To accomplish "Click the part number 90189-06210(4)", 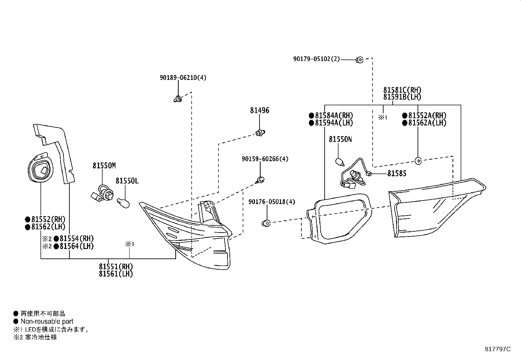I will (183, 78).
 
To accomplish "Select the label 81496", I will (260, 110).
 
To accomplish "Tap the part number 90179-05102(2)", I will (316, 59).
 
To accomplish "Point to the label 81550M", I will (104, 166).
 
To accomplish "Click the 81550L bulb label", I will (127, 180).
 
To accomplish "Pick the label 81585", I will (397, 174).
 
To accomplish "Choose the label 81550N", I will (340, 139).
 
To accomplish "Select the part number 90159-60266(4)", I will (265, 159).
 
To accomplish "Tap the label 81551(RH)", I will (116, 267).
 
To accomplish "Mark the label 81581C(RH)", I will (402, 90).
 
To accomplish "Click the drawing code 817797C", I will (497, 349).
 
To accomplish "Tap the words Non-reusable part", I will (47, 321).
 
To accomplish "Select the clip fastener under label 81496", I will (260, 133).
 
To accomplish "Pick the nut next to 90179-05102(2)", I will (359, 60).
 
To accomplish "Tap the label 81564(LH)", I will (77, 246).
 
